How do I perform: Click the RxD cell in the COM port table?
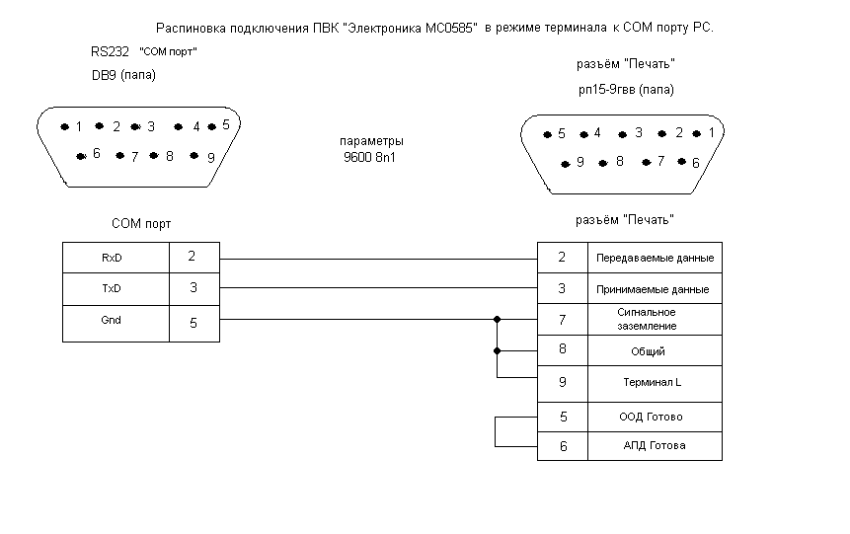[x=115, y=258]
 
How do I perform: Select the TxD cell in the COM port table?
[x=115, y=288]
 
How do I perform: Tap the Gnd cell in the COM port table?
[x=115, y=322]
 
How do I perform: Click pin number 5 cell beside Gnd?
[x=193, y=323]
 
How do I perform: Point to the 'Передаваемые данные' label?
[x=655, y=259]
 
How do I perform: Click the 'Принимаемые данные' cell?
[x=654, y=290]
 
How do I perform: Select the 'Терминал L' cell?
[x=654, y=381]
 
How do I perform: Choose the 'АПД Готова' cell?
[x=654, y=445]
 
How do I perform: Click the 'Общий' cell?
[x=648, y=351]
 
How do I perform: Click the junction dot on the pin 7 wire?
[x=498, y=320]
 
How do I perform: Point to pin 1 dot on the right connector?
[x=697, y=133]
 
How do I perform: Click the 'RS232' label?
[x=109, y=51]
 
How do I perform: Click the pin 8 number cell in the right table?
[x=563, y=349]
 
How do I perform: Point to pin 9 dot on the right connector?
[x=566, y=164]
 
